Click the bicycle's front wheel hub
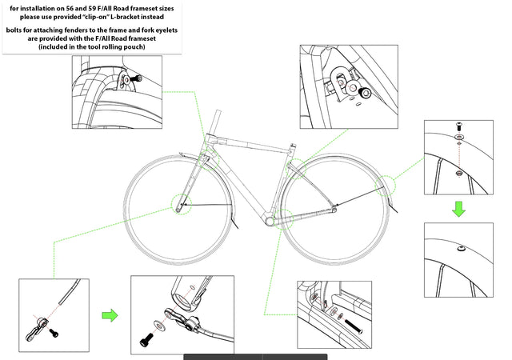[x=182, y=206]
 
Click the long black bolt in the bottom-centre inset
[x=353, y=325]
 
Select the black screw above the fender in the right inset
[x=459, y=126]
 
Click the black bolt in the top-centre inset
[x=367, y=94]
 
